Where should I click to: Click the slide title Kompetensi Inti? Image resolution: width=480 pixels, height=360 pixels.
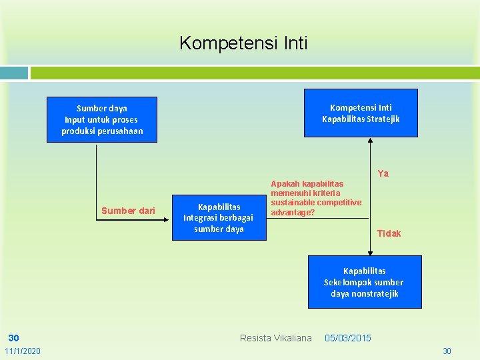pos(243,44)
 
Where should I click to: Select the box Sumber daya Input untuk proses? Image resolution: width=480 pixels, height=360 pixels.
pos(101,119)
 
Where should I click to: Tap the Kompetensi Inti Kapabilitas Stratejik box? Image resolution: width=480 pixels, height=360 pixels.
pos(361,113)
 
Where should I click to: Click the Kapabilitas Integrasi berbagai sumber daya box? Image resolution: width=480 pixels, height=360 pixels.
pos(218,218)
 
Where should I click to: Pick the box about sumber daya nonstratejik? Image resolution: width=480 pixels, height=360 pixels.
pos(364,282)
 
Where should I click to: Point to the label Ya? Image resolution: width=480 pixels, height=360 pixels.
pos(383,174)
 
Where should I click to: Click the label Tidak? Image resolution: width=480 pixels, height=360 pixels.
pos(389,233)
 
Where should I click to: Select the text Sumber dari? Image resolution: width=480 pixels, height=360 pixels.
pos(128,211)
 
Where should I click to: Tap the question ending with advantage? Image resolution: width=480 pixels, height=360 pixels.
pos(316,198)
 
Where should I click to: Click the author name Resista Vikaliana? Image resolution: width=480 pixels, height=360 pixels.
pos(275,338)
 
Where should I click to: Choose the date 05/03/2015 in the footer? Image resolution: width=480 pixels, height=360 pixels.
pos(347,338)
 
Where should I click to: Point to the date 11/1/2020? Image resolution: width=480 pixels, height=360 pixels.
pos(22,351)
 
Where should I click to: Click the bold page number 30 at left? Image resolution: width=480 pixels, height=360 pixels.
pos(13,338)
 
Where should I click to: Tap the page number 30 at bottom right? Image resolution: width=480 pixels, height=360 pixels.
pos(447,351)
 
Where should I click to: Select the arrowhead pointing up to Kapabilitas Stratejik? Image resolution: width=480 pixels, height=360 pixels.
pos(370,141)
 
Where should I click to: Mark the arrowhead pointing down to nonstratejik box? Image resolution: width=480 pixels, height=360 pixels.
pos(370,252)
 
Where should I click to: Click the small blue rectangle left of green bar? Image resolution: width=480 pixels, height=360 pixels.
pos(14,73)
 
